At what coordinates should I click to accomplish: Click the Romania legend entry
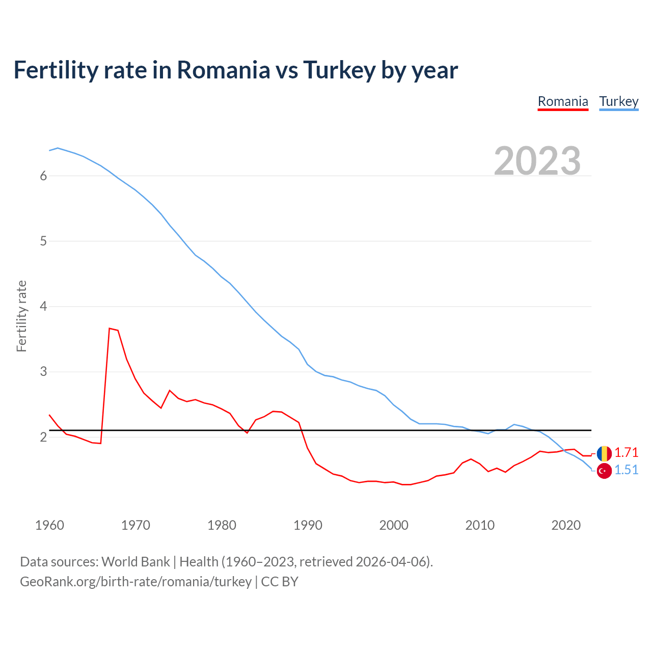coord(563,101)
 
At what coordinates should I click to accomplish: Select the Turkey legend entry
coord(618,101)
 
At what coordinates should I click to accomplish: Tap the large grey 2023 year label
coord(537,161)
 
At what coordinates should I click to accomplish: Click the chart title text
coord(236,70)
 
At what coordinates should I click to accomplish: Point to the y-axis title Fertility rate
coord(21,316)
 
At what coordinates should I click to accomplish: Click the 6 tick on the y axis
coord(43,176)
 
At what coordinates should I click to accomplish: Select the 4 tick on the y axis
coord(43,306)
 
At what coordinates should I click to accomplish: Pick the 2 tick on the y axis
coord(43,437)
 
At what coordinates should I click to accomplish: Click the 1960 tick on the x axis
coord(49,525)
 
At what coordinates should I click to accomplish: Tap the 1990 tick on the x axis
coord(308,525)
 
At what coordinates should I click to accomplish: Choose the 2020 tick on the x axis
coord(566,525)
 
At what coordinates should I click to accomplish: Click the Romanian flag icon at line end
coord(604,453)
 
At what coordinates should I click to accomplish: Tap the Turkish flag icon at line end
coord(604,471)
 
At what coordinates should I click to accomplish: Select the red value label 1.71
coord(627,452)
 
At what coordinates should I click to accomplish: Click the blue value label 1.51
coord(627,470)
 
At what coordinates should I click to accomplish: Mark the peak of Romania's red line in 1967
coord(110,329)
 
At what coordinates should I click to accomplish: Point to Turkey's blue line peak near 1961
coord(58,148)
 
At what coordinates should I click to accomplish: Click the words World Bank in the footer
coord(135,561)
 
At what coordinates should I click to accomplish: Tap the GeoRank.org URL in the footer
coord(135,582)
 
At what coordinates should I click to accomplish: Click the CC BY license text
coord(280,582)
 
